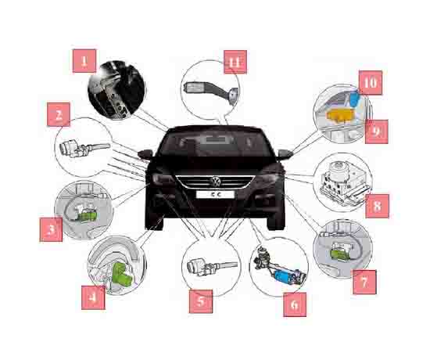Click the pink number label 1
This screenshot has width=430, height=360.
(x=84, y=61)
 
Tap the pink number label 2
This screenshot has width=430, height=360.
(x=59, y=114)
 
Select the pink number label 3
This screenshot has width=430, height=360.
(x=51, y=229)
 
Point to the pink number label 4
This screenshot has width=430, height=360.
(x=93, y=297)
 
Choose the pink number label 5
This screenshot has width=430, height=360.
(x=201, y=301)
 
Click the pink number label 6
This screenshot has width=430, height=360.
(x=295, y=304)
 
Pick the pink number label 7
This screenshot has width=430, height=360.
(x=364, y=282)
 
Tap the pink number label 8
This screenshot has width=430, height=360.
(x=377, y=206)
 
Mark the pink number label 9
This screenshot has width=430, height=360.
(x=377, y=131)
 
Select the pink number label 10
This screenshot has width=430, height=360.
(x=371, y=83)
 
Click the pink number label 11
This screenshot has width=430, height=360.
(x=235, y=62)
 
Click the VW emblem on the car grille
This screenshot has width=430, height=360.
(x=216, y=182)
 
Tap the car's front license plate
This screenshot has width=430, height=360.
(x=215, y=194)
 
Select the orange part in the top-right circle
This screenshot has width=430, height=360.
(x=339, y=115)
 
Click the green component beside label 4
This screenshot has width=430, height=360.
(x=122, y=274)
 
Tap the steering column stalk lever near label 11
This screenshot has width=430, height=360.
(x=210, y=91)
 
